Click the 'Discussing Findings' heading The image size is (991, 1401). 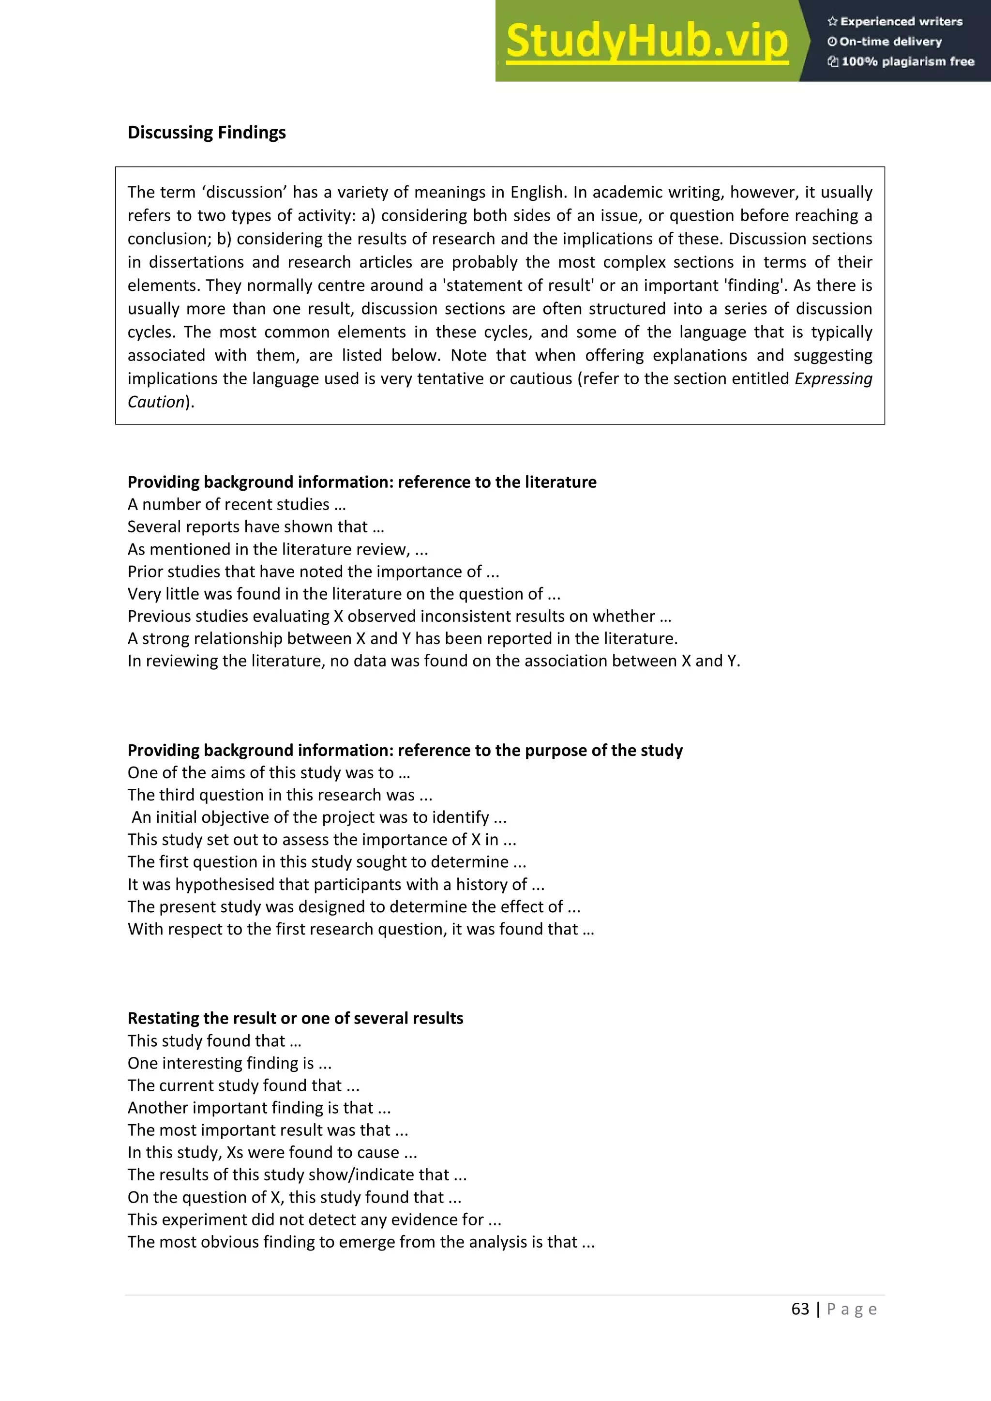[206, 133]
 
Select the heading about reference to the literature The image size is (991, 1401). [362, 482]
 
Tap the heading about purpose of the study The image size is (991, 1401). [405, 750]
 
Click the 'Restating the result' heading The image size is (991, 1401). [295, 1018]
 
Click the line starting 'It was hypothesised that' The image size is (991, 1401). [336, 884]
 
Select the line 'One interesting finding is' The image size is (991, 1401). [229, 1063]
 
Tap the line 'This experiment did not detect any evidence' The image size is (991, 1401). [314, 1219]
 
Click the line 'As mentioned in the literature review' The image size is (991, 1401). [278, 549]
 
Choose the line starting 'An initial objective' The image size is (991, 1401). [318, 817]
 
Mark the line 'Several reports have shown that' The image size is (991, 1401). [255, 527]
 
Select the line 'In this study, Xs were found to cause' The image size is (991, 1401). [272, 1152]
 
